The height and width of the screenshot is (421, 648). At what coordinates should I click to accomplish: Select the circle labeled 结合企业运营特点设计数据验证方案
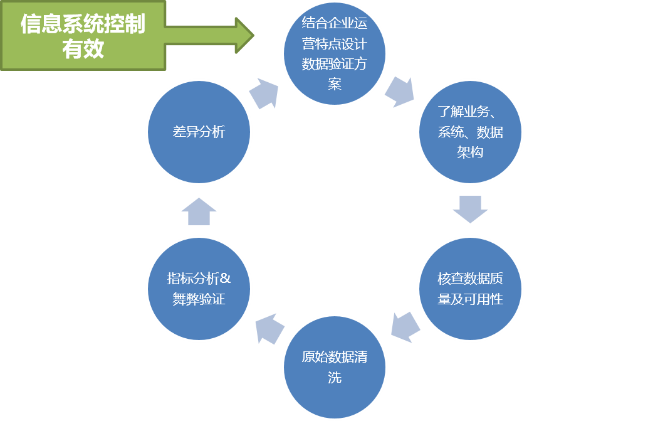point(334,53)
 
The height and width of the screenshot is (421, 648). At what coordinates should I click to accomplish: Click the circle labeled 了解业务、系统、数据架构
point(470,132)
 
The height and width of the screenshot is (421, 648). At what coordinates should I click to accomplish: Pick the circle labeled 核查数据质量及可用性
point(470,289)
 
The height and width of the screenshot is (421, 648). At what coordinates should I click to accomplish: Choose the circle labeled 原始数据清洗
point(334,367)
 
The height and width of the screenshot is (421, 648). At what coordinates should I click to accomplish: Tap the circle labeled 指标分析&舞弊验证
point(199,289)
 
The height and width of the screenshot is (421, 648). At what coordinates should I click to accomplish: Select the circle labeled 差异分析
point(199,132)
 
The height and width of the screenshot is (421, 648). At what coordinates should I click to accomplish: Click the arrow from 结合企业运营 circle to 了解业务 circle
point(399,92)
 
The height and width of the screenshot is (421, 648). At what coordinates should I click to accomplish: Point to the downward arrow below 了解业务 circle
point(470,209)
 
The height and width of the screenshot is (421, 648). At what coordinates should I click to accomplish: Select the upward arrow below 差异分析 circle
point(199,211)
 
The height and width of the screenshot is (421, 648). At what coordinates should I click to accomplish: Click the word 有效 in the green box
point(83,49)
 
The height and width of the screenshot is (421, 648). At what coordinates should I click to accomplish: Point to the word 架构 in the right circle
point(470,152)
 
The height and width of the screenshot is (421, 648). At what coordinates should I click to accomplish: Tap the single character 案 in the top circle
point(334,83)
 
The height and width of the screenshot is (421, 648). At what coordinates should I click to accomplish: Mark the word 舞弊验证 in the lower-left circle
point(199,299)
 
